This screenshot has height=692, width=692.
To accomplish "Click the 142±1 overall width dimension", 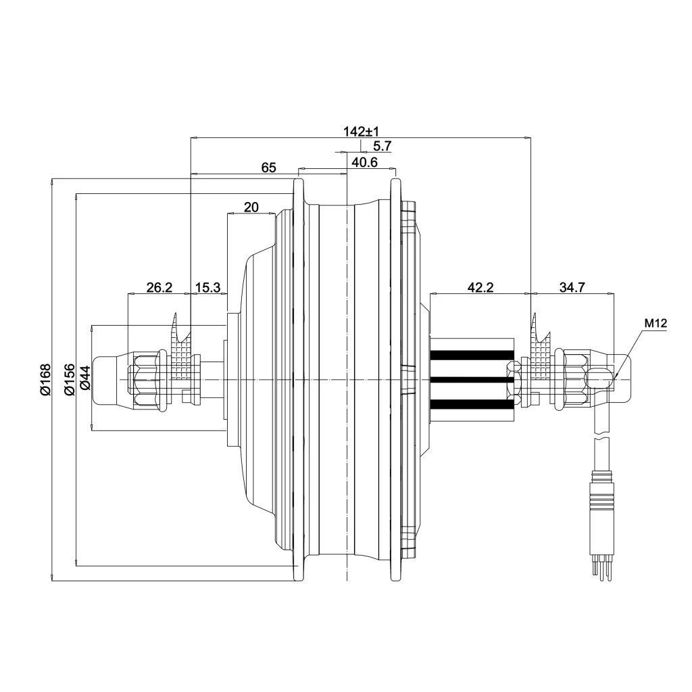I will coord(360,131).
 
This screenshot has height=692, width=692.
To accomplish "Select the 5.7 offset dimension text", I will coord(382,146).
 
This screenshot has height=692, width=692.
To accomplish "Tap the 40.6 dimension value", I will coord(364,162).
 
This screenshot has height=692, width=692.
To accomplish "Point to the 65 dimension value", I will coord(269,168).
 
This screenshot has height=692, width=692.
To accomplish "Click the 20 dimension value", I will coord(251,207).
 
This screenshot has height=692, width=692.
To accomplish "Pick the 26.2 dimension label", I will coord(159,287).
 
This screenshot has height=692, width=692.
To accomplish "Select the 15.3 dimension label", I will coord(208,287).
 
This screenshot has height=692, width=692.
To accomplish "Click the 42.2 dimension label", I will coord(480,287).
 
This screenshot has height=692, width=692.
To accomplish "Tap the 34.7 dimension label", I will coord(572,287).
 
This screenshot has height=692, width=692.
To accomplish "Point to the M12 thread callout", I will coord(656,324).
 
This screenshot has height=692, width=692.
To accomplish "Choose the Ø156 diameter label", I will coord(68,379).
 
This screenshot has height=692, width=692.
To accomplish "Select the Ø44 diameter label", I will coord(85,379).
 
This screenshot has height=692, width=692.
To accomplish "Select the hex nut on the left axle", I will coord(146,380).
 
